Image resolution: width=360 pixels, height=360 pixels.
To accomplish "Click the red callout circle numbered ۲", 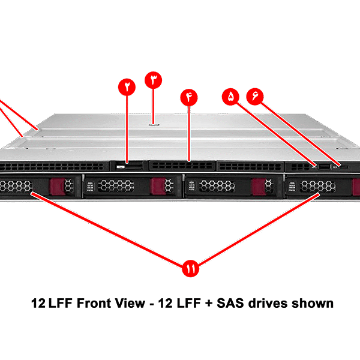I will pyautogui.click(x=127, y=86).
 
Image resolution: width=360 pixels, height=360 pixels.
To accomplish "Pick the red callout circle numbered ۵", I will pyautogui.click(x=231, y=96).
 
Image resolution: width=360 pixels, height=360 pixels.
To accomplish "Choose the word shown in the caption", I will pyautogui.click(x=311, y=304).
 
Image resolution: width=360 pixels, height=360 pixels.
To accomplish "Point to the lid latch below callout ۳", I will pyautogui.click(x=154, y=125).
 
